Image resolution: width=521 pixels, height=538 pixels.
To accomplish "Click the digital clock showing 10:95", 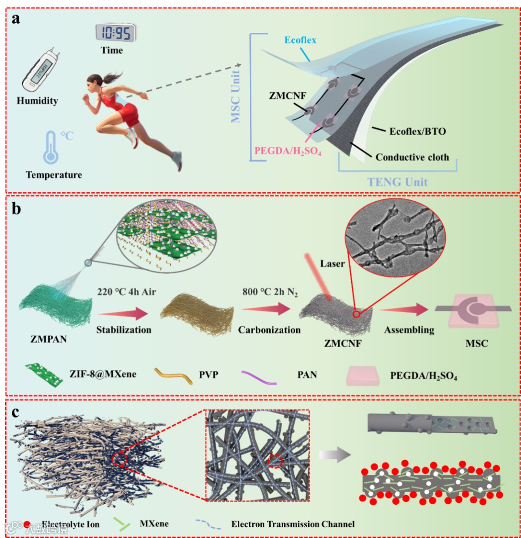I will pos(115,32).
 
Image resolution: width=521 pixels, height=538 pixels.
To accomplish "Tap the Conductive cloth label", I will pos(412,157).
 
